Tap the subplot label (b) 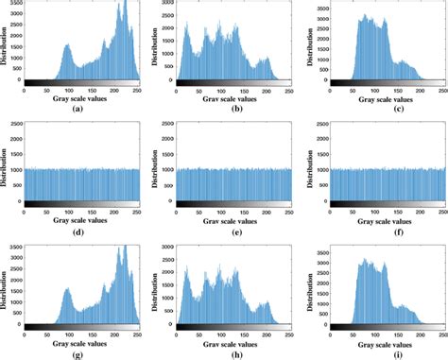coord(228,111)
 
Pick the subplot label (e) coord(228,230)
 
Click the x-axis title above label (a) coord(80,99)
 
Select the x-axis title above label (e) coord(228,218)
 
